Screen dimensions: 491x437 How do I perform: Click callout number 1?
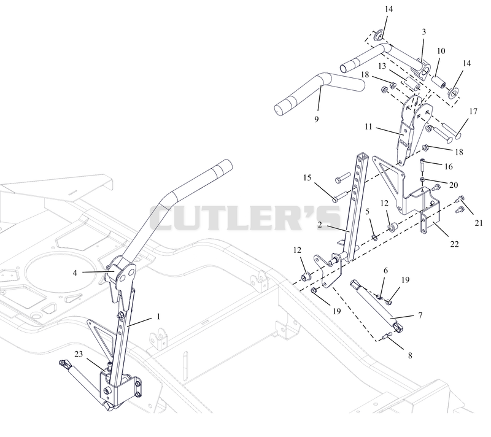pyautogui.click(x=158, y=317)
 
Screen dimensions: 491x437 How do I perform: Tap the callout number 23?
pyautogui.click(x=79, y=354)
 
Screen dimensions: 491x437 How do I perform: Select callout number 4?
pyautogui.click(x=75, y=273)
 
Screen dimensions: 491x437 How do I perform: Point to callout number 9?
pyautogui.click(x=316, y=119)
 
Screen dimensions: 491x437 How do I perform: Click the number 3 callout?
pyautogui.click(x=423, y=32)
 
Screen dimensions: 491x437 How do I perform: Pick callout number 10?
pyautogui.click(x=441, y=51)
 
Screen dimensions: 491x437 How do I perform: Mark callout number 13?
pyautogui.click(x=382, y=66)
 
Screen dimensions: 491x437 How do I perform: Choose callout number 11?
pyautogui.click(x=368, y=126)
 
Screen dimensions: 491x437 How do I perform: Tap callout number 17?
pyautogui.click(x=473, y=111)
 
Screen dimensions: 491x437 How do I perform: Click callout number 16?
pyautogui.click(x=449, y=166)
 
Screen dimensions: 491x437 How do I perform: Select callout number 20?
pyautogui.click(x=454, y=185)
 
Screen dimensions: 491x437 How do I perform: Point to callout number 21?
pyautogui.click(x=479, y=223)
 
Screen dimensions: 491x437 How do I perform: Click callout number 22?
pyautogui.click(x=454, y=244)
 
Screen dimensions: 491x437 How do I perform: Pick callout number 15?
pyautogui.click(x=307, y=178)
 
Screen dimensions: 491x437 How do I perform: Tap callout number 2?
pyautogui.click(x=319, y=225)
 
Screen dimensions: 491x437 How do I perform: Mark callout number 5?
pyautogui.click(x=367, y=211)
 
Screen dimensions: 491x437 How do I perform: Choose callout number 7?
pyautogui.click(x=420, y=315)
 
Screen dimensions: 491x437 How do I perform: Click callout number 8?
pyautogui.click(x=410, y=355)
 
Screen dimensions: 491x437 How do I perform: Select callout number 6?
pyautogui.click(x=385, y=271)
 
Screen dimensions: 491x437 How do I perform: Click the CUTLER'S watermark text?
pyautogui.click(x=245, y=217)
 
